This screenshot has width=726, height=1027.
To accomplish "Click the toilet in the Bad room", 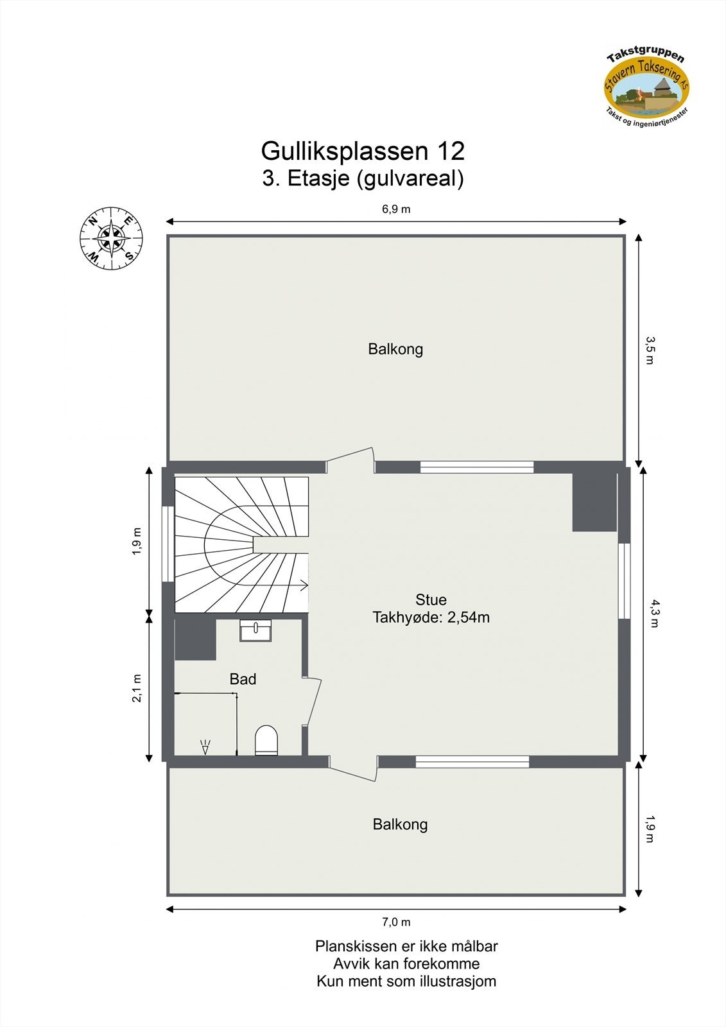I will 266,740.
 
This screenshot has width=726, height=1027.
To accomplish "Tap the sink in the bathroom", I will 255,630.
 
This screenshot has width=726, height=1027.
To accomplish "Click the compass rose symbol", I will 111,239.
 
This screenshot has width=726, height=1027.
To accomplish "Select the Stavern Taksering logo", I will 646,87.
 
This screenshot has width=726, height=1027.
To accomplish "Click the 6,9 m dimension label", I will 396,209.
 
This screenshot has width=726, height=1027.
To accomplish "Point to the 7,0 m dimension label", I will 396,922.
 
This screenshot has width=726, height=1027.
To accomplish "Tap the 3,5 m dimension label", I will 649,350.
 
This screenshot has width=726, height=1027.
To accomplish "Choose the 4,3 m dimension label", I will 653,613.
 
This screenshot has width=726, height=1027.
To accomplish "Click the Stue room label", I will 431,600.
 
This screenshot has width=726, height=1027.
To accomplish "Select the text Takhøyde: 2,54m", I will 431,617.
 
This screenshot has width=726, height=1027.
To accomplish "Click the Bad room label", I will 243,679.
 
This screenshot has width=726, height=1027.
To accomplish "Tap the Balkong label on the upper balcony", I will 395,349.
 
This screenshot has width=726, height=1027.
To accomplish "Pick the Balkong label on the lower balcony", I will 400,824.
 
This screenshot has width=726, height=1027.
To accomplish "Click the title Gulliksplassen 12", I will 363,151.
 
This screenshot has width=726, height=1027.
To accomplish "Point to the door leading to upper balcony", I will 350,462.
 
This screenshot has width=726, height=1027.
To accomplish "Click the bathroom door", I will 313,701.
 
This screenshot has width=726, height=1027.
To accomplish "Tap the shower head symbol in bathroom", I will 205,747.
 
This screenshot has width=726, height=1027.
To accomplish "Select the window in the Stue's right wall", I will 624,580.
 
